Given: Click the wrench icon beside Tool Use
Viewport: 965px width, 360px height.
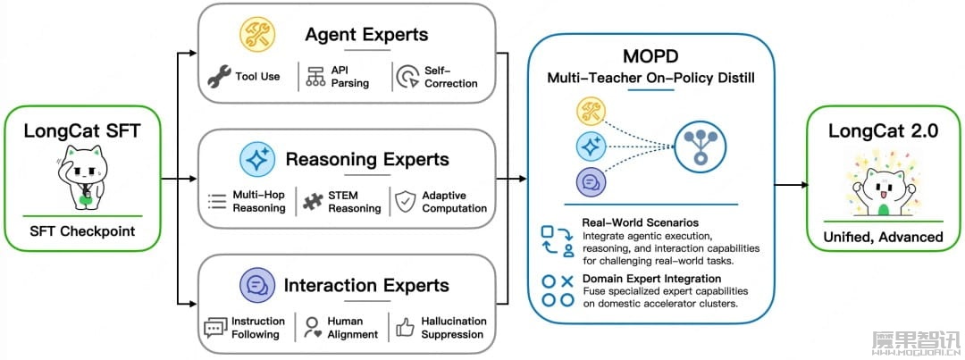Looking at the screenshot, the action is click(219, 76).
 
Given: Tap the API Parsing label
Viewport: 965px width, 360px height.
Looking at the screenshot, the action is click(349, 76).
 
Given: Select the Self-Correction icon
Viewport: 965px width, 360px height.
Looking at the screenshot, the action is click(407, 76).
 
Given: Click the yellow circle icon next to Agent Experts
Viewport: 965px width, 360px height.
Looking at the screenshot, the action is click(256, 34).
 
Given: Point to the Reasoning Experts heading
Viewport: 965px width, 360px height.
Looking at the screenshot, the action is click(367, 159).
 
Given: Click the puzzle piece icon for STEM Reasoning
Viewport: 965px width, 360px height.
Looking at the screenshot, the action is click(314, 201).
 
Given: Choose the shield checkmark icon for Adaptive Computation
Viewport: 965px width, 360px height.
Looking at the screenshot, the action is click(406, 201).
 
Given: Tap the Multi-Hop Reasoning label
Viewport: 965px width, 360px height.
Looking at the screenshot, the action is click(259, 201).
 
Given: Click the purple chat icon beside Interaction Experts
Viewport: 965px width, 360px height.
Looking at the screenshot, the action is click(256, 286).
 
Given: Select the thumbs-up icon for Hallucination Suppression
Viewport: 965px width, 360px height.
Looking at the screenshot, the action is click(405, 328).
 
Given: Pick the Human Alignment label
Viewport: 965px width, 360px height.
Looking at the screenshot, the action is click(353, 328).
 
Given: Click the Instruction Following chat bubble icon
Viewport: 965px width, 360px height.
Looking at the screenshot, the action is click(215, 328).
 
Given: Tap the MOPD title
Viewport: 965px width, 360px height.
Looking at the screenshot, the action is click(650, 56).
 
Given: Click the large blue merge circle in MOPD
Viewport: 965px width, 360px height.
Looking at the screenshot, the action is click(700, 146).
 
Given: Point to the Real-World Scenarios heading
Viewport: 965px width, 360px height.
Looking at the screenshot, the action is click(640, 222).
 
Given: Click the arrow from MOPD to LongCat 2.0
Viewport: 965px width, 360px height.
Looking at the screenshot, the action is click(791, 185).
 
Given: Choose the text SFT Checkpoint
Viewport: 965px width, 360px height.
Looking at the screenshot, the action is click(82, 232).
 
